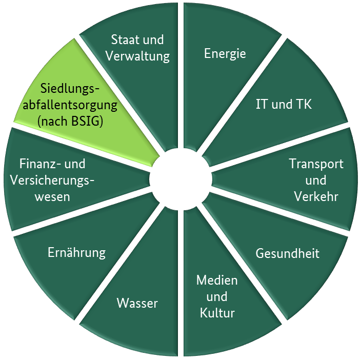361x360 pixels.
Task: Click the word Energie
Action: click(x=225, y=53)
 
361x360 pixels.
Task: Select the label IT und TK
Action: click(x=284, y=104)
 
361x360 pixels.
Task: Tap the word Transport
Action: click(x=316, y=164)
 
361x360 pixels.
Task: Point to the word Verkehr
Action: click(x=316, y=196)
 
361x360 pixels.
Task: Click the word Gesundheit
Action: click(x=287, y=253)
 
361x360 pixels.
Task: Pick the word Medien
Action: click(x=217, y=281)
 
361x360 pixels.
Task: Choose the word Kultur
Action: click(x=217, y=313)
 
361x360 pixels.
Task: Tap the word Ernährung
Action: click(x=76, y=252)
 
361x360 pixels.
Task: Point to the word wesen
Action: click(x=52, y=196)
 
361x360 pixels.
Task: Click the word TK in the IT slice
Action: click(x=304, y=104)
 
